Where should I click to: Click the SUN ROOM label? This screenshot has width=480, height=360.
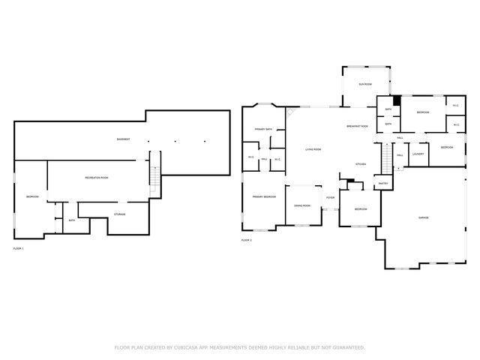pyautogui.click(x=365, y=85)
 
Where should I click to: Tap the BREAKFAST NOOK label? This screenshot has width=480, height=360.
pyautogui.click(x=357, y=126)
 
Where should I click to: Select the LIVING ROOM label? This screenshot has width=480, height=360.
pyautogui.click(x=313, y=149)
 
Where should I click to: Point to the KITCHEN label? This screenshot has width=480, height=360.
pyautogui.click(x=360, y=164)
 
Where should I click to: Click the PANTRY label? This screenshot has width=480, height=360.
pyautogui.click(x=382, y=183)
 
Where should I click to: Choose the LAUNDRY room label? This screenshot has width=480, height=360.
pyautogui.click(x=418, y=154)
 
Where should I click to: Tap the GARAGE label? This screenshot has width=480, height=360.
pyautogui.click(x=424, y=217)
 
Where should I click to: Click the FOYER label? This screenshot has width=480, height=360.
pyautogui.click(x=329, y=199)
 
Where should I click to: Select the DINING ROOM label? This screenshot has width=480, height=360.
pyautogui.click(x=302, y=205)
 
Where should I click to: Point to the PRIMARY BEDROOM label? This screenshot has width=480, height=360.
pyautogui.click(x=263, y=196)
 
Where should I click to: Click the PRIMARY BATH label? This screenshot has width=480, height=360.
pyautogui.click(x=262, y=129)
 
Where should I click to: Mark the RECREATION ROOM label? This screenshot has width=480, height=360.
pyautogui.click(x=96, y=178)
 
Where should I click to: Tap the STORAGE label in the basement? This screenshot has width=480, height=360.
pyautogui.click(x=119, y=214)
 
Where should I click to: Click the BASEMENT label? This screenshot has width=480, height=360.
pyautogui.click(x=123, y=139)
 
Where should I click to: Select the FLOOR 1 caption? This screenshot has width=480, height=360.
pyautogui.click(x=18, y=248)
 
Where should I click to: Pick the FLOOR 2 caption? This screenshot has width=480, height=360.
pyautogui.click(x=246, y=240)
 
